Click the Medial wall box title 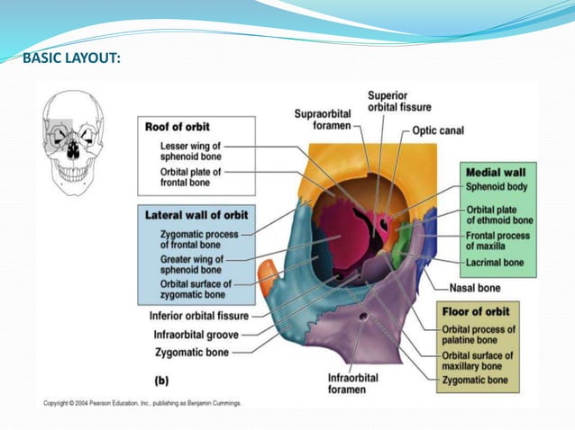499,171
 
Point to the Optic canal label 438,130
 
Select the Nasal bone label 479,289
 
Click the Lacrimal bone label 496,263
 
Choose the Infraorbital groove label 196,335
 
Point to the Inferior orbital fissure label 199,316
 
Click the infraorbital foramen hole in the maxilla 364,318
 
